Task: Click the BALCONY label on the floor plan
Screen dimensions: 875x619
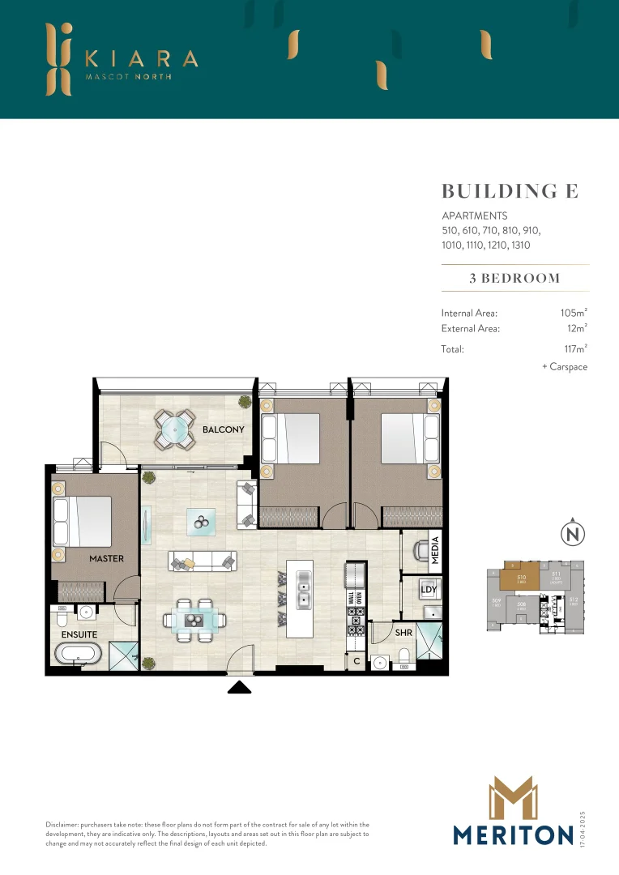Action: (x=223, y=429)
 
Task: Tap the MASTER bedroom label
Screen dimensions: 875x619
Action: (x=107, y=558)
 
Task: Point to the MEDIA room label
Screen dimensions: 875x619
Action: (x=435, y=550)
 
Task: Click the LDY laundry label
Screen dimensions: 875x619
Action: (x=429, y=589)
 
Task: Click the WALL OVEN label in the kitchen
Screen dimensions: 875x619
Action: (x=354, y=604)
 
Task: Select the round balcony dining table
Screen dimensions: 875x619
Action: (x=175, y=432)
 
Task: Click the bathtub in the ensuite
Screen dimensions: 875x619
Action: (x=80, y=655)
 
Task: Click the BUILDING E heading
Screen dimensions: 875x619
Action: (x=509, y=191)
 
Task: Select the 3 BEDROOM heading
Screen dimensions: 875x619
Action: (x=514, y=278)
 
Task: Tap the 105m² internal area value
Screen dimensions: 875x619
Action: (x=573, y=313)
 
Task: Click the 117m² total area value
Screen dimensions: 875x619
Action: (x=574, y=349)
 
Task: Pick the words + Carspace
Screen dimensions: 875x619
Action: (x=564, y=367)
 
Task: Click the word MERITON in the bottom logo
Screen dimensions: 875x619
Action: (x=513, y=834)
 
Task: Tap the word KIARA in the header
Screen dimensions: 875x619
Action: (x=141, y=58)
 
